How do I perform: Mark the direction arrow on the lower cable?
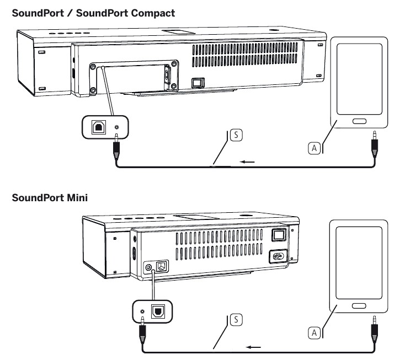pyautogui.click(x=254, y=347)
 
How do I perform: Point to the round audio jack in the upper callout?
pyautogui.click(x=116, y=127)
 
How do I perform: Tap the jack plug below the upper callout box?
pyautogui.click(x=116, y=149)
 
